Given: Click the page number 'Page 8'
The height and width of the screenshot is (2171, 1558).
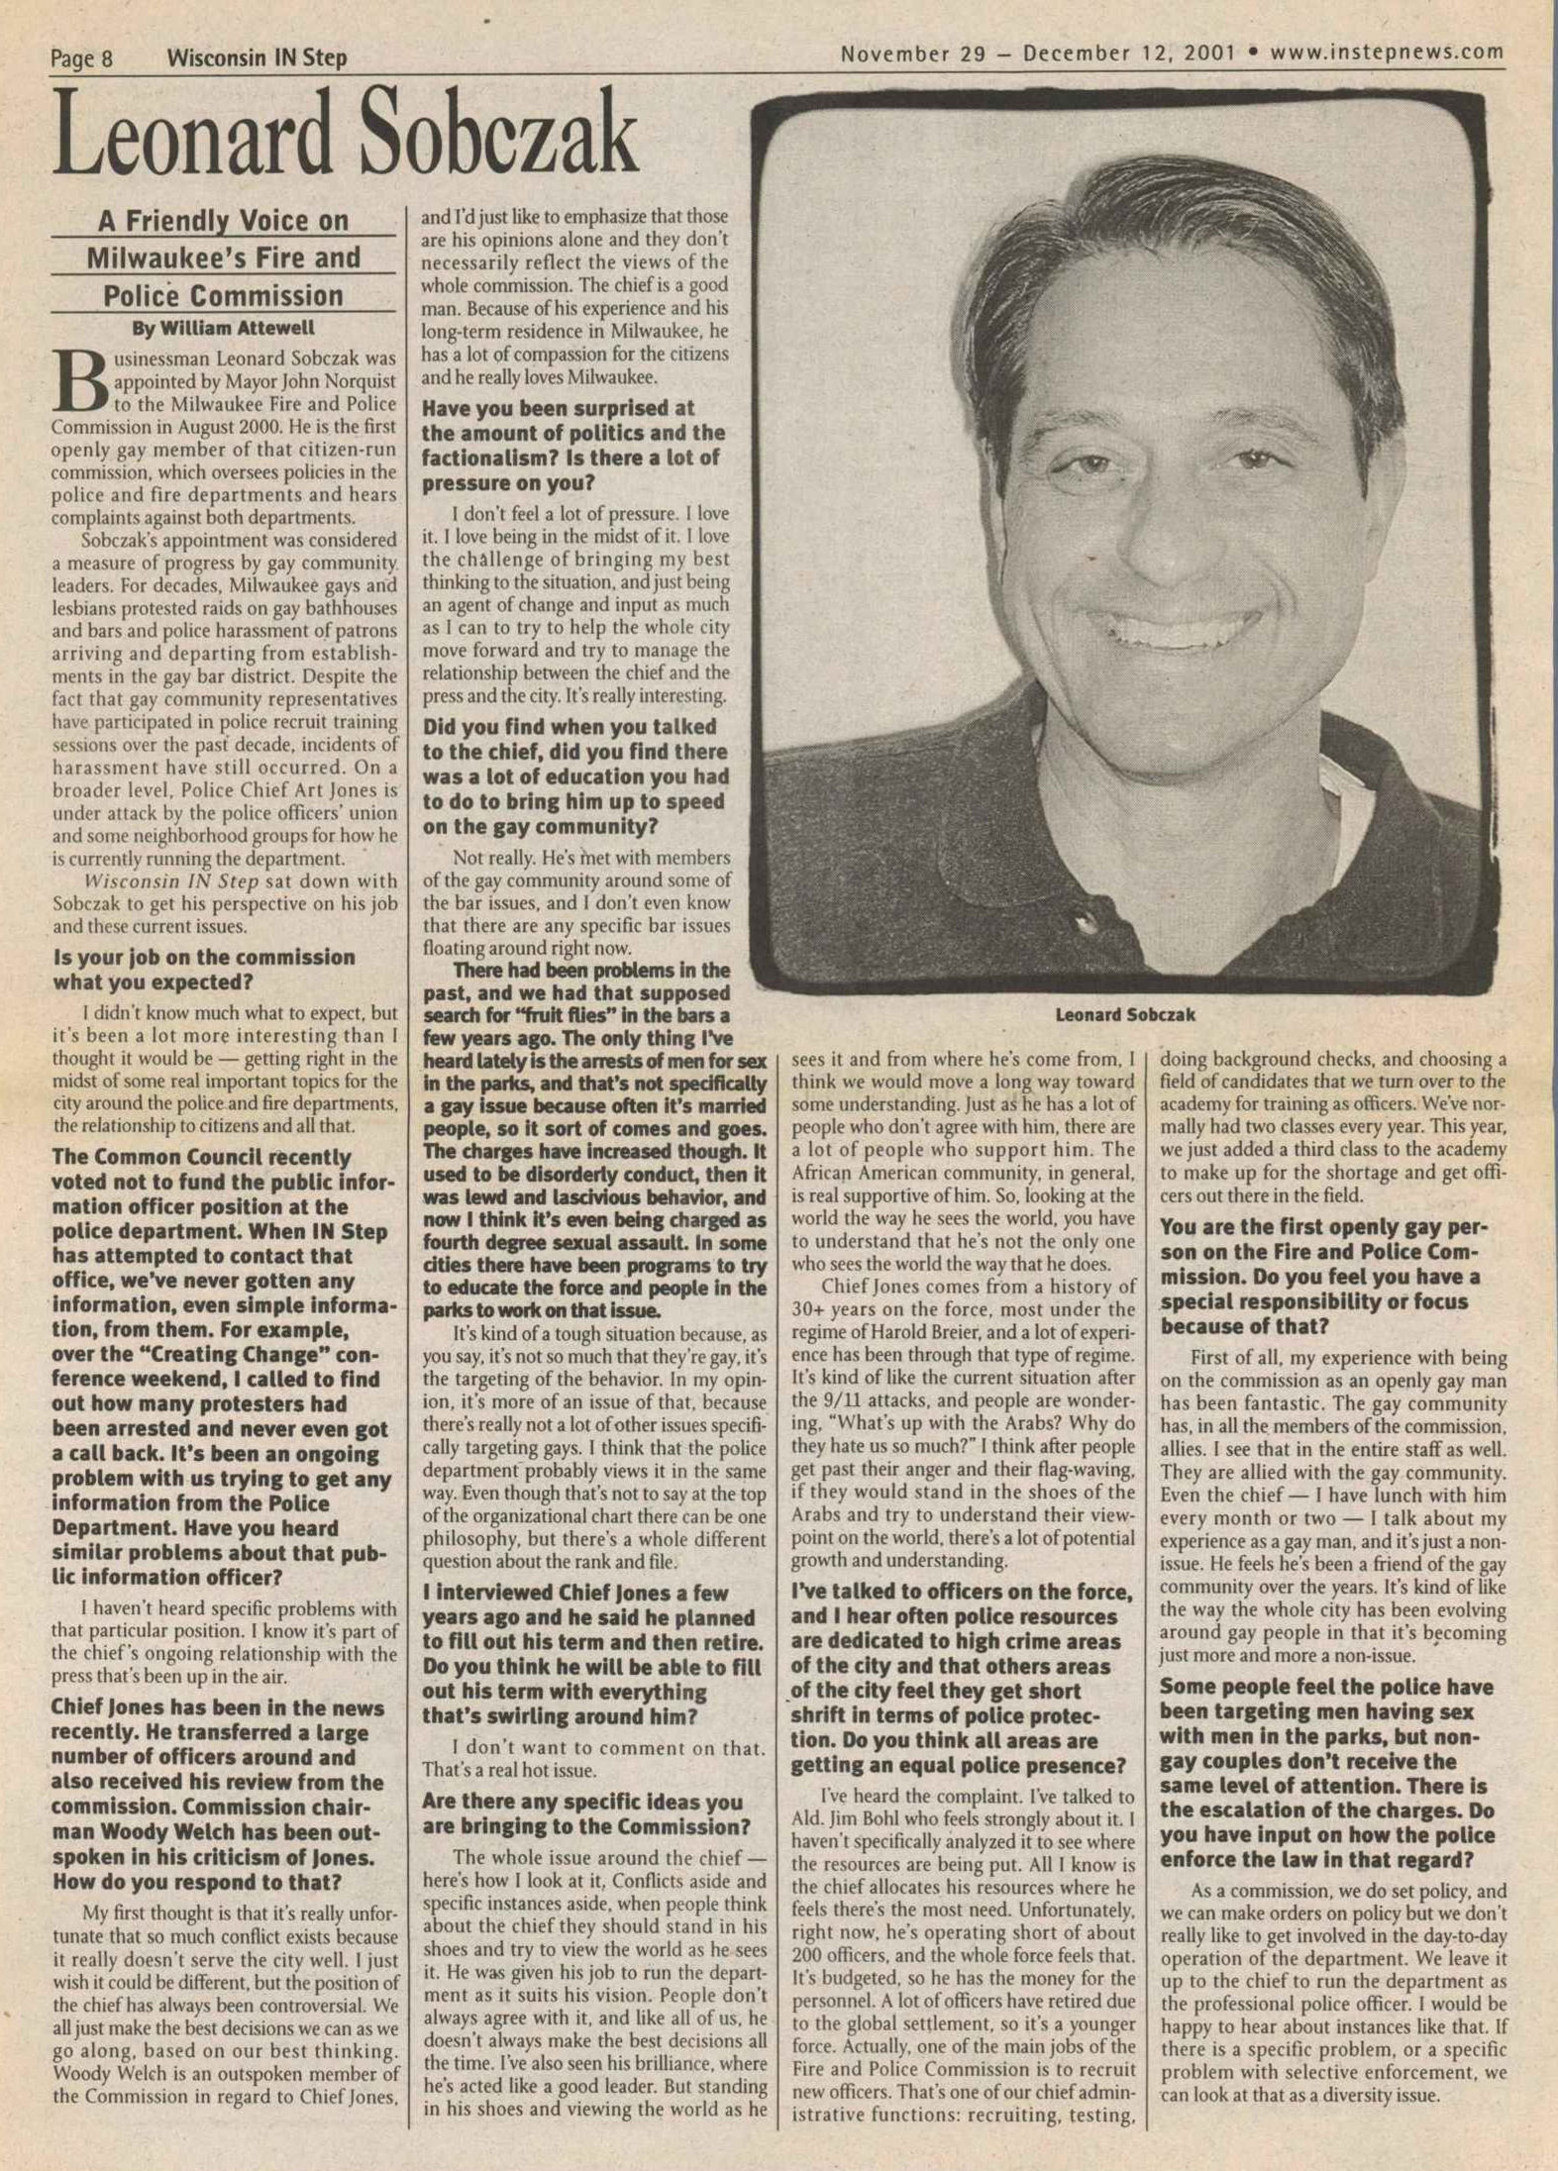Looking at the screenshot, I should [x=81, y=58].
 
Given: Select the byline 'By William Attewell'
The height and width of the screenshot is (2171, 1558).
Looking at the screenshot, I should [x=224, y=328].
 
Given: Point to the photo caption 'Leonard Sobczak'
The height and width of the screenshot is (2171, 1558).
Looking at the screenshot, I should [x=1125, y=1014].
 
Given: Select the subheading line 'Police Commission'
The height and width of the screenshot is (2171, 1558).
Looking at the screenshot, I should [x=224, y=296].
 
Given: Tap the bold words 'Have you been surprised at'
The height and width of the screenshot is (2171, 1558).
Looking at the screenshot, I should [x=559, y=408].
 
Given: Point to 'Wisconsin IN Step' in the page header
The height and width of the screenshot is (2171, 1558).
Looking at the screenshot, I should [x=257, y=58].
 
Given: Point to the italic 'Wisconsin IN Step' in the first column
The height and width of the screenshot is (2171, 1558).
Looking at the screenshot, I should [x=171, y=880].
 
